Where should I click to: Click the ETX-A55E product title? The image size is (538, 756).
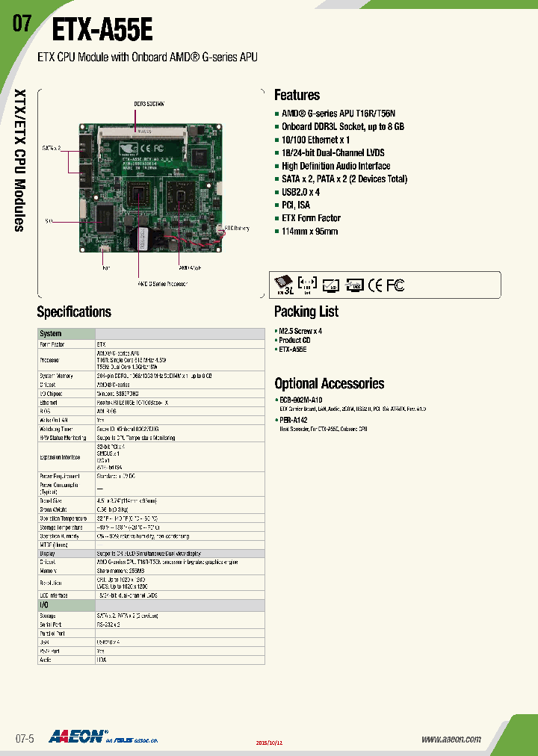click(x=102, y=31)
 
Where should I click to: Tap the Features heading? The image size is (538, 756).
click(x=297, y=95)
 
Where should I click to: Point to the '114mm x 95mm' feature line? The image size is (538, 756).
click(x=309, y=232)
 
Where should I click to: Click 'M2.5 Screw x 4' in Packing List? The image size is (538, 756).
click(x=300, y=331)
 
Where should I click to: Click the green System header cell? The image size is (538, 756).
click(x=67, y=333)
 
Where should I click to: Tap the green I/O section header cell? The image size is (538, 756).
click(x=67, y=604)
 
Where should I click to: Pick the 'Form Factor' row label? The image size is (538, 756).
click(x=53, y=344)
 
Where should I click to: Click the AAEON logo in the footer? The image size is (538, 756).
click(x=78, y=737)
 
